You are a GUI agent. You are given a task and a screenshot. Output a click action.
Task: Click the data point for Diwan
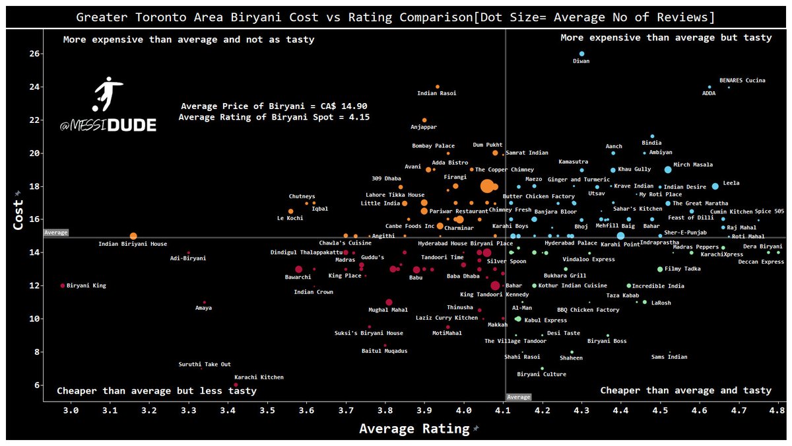pos(581,54)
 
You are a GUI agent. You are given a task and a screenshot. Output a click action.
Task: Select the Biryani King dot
pos(63,285)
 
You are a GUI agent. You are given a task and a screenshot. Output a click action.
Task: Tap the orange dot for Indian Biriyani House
pos(133,236)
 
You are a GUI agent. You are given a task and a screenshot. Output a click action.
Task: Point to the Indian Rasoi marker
pos(438,87)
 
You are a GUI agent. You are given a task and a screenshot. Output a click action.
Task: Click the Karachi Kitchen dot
pos(236,385)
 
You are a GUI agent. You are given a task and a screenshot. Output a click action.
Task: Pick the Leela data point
pos(715,186)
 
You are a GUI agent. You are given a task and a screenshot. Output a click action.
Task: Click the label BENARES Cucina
pos(742,81)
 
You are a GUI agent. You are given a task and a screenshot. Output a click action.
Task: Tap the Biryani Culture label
pos(541,375)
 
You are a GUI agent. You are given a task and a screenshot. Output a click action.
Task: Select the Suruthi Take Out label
pos(205,364)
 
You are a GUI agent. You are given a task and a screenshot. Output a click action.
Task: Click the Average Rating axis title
pos(414,429)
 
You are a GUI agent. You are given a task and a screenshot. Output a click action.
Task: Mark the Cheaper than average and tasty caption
pos(686,390)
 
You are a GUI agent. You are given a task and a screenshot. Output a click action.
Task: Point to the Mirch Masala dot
pos(668,170)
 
